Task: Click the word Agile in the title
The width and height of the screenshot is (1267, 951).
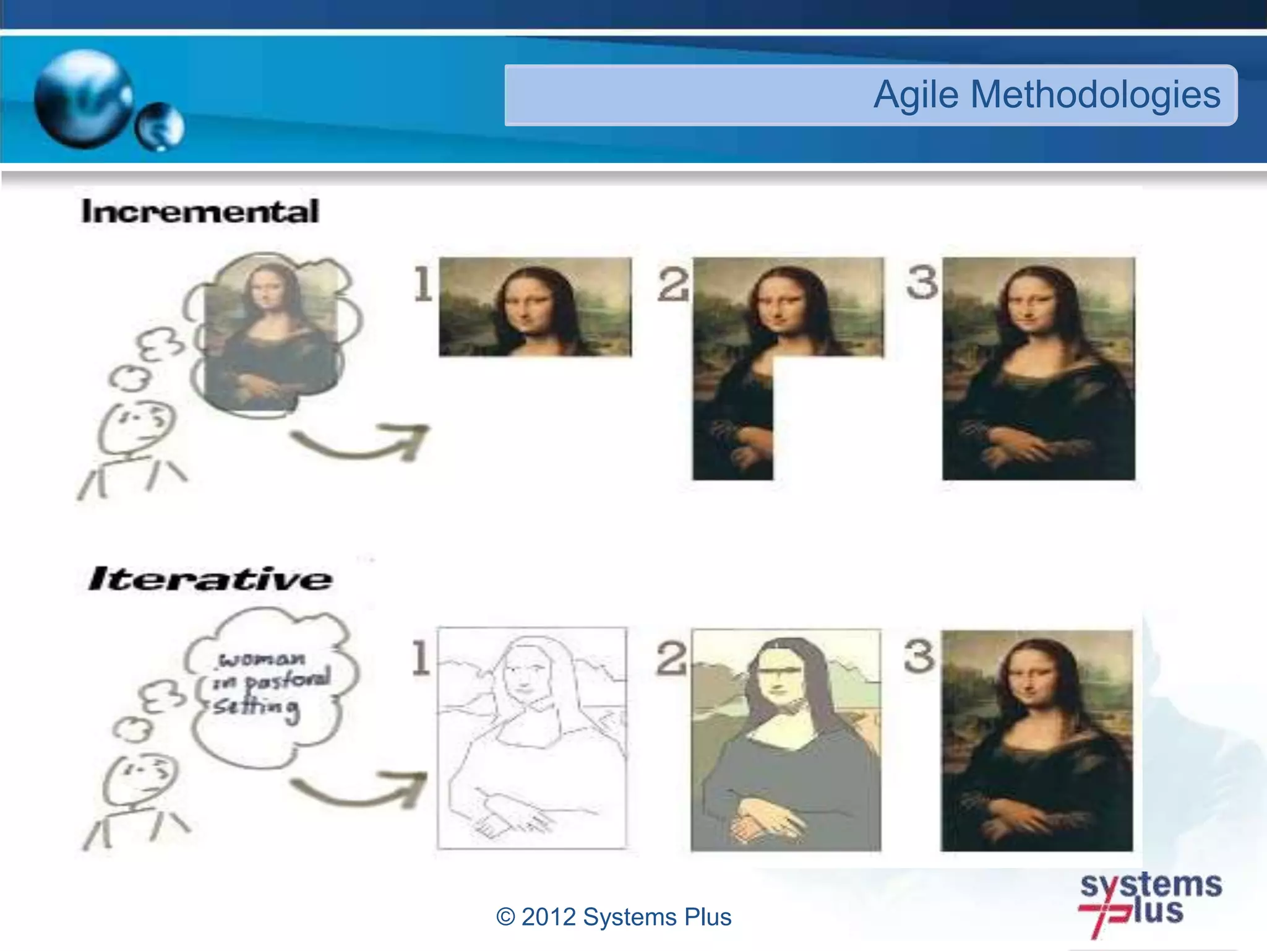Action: (x=916, y=95)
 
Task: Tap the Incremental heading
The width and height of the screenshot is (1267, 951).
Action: (x=200, y=212)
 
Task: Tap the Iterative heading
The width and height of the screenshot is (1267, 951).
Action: (x=210, y=579)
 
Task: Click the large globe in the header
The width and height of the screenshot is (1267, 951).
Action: (x=84, y=99)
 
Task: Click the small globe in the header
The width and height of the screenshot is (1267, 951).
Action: (x=160, y=127)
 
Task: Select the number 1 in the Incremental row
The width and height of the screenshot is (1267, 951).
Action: (x=423, y=284)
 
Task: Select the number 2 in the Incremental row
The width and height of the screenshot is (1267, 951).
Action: (x=673, y=284)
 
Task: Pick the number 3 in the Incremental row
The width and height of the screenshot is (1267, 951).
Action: (x=922, y=282)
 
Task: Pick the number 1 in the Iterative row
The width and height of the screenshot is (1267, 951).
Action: (x=421, y=658)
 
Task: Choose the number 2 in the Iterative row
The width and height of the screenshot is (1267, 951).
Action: (x=671, y=658)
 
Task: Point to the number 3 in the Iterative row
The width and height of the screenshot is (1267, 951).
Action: (x=919, y=656)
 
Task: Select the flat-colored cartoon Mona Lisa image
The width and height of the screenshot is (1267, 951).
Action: (x=786, y=740)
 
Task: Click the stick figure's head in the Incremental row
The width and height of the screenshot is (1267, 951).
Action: (x=137, y=426)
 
